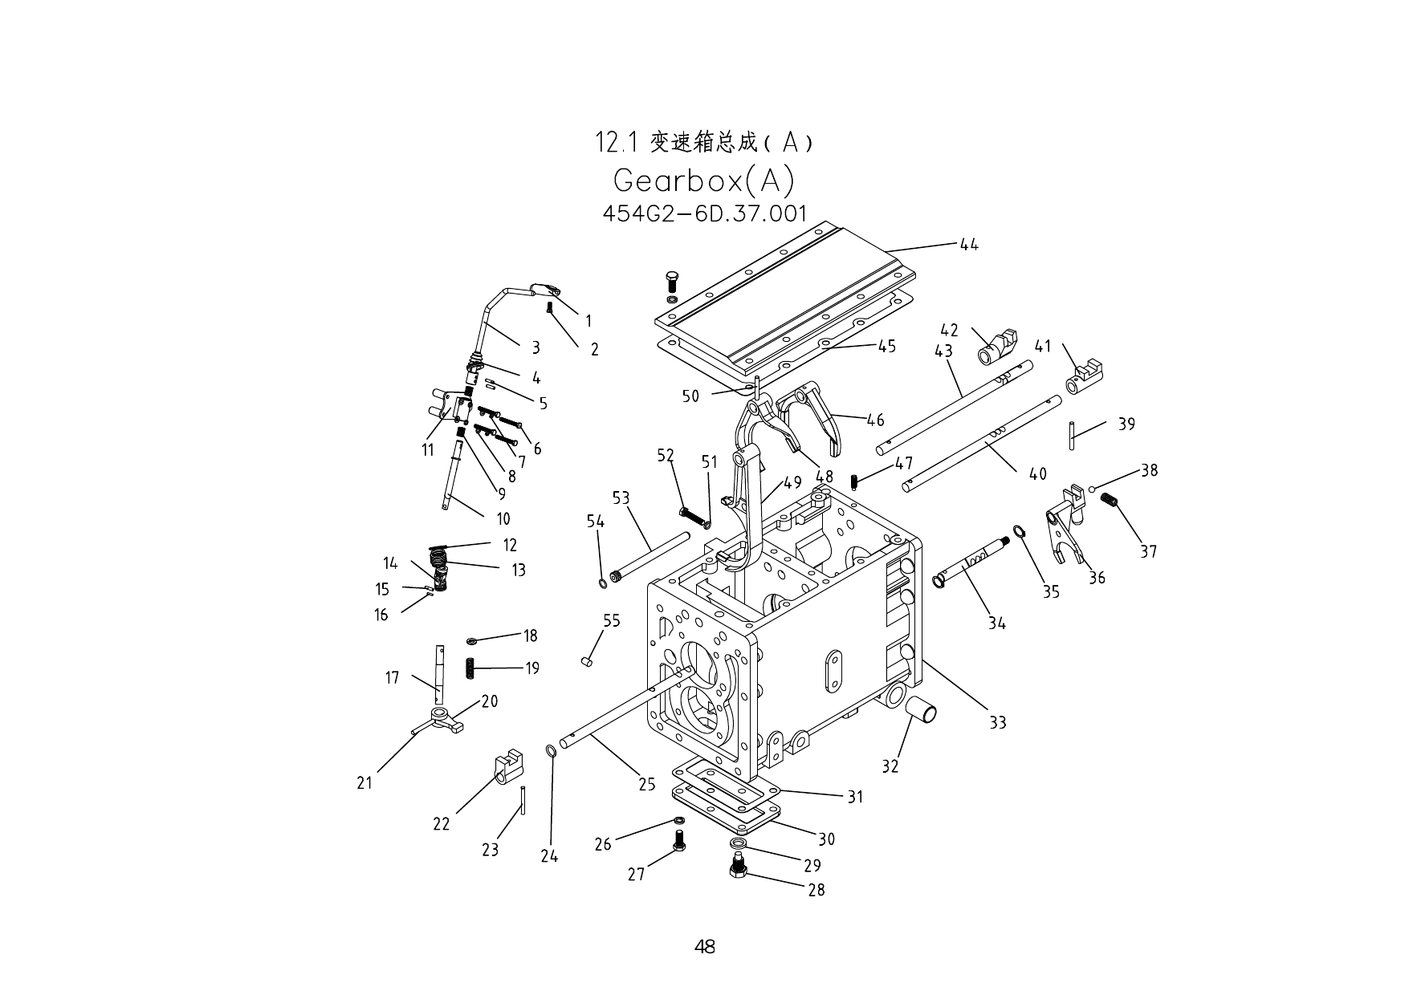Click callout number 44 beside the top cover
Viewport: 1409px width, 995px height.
click(x=969, y=245)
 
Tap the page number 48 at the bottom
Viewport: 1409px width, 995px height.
click(x=704, y=947)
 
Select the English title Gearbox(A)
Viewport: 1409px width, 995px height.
click(x=703, y=181)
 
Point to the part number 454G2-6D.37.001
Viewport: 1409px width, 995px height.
click(x=704, y=213)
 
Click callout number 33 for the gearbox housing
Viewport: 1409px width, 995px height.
click(x=997, y=722)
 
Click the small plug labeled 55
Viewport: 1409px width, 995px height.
click(x=586, y=661)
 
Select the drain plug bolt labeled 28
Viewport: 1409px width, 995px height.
click(x=738, y=867)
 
